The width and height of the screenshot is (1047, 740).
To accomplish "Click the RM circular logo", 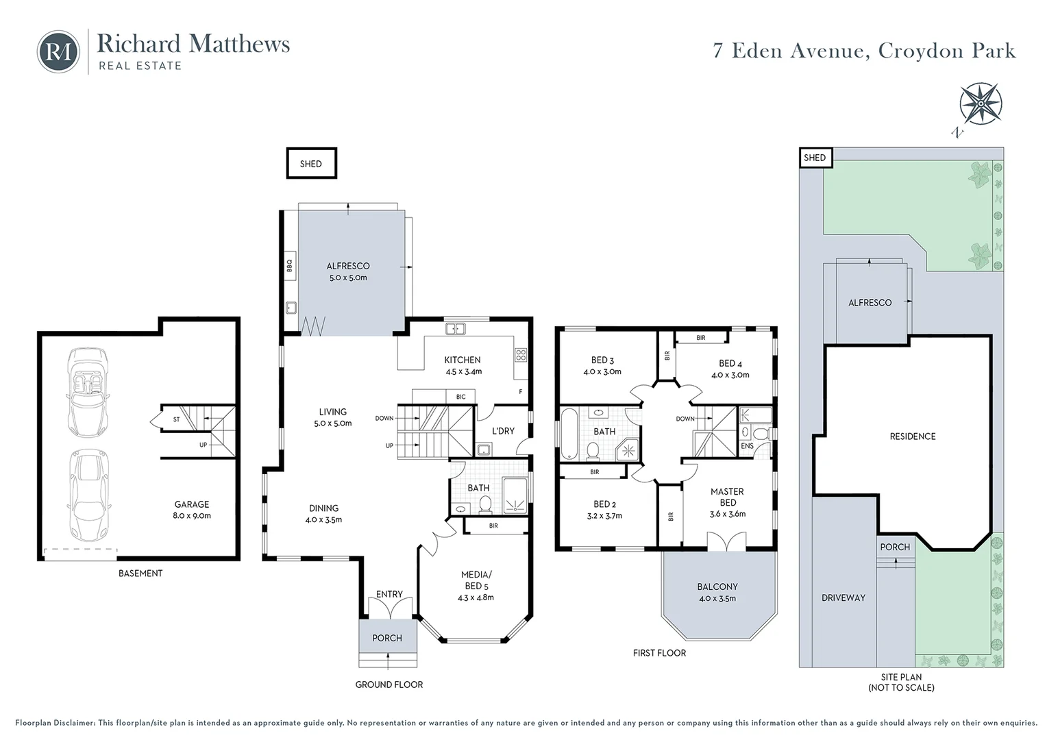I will tap(58, 51).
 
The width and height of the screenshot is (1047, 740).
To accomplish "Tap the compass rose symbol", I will tap(981, 103).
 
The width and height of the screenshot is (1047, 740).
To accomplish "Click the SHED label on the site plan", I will tap(815, 158).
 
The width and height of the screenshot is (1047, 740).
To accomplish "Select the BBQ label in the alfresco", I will tap(289, 263).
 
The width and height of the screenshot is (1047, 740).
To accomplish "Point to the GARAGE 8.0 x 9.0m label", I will tap(192, 510).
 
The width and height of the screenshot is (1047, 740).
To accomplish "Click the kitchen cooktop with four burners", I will tap(521, 355).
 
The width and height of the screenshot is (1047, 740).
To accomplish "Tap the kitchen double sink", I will tap(455, 329).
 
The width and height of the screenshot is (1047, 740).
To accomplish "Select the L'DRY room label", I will tap(503, 431).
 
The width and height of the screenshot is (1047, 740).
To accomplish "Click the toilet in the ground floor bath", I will tap(485, 506).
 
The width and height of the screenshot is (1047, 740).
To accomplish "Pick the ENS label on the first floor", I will tap(747, 446).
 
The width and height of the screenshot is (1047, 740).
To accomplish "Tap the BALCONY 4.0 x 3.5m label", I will tap(717, 592).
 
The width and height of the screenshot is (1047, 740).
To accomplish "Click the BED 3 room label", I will tap(602, 366).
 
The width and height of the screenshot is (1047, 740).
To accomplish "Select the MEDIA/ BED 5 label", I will tap(476, 586).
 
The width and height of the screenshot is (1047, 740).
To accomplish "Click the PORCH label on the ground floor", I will tap(387, 638).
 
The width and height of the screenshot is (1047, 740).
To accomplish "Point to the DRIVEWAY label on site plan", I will tap(843, 597).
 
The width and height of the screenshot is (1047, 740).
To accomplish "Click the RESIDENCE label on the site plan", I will tap(912, 436).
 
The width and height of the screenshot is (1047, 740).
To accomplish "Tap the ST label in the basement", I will tap(176, 419).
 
